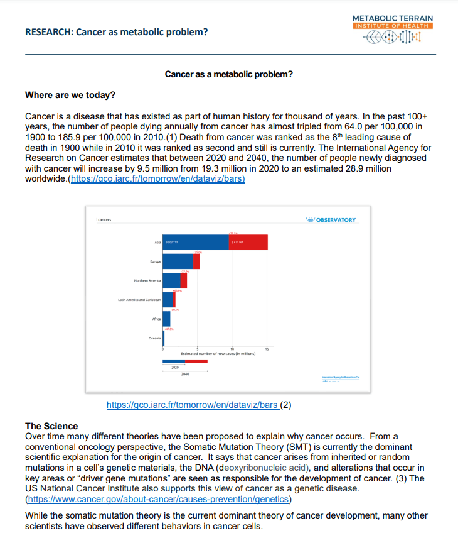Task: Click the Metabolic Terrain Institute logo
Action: pyautogui.click(x=393, y=30)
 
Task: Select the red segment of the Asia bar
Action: pyautogui.click(x=248, y=242)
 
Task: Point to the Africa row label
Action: pyautogui.click(x=157, y=319)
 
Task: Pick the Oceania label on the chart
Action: pyautogui.click(x=155, y=338)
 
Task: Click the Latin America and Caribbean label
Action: pyautogui.click(x=139, y=300)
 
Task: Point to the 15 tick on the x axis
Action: pyautogui.click(x=267, y=349)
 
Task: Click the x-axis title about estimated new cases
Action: pyautogui.click(x=218, y=354)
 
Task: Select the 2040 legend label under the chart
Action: pyautogui.click(x=184, y=374)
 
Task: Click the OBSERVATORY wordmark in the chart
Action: pyautogui.click(x=335, y=220)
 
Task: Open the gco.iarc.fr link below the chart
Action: pyautogui.click(x=193, y=405)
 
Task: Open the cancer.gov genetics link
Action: pyautogui.click(x=157, y=499)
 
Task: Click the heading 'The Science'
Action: pyautogui.click(x=51, y=426)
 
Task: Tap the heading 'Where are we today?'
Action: pyautogui.click(x=70, y=96)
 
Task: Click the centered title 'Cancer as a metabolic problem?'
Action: pyautogui.click(x=228, y=74)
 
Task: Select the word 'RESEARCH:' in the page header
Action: pyautogui.click(x=48, y=32)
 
